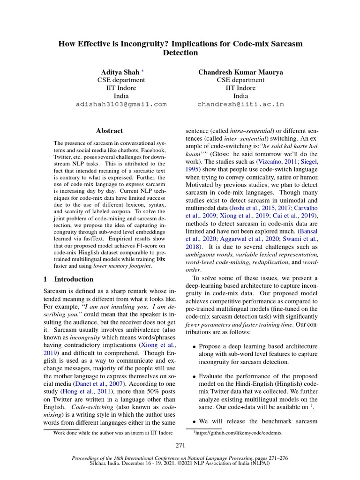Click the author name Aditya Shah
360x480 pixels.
coord(120,72)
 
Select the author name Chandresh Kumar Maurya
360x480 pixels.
coord(240,72)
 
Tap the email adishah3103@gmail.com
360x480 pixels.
coord(121,104)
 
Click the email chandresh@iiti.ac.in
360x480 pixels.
coord(240,104)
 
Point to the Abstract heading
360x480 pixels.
coord(109,131)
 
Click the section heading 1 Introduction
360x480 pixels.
coord(68,279)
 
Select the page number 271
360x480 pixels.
coord(180,445)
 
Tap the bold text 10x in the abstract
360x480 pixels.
coord(160,259)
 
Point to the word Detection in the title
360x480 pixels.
coord(180,52)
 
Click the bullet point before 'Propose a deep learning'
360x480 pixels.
coord(194,346)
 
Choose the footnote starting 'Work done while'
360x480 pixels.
coord(113,433)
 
